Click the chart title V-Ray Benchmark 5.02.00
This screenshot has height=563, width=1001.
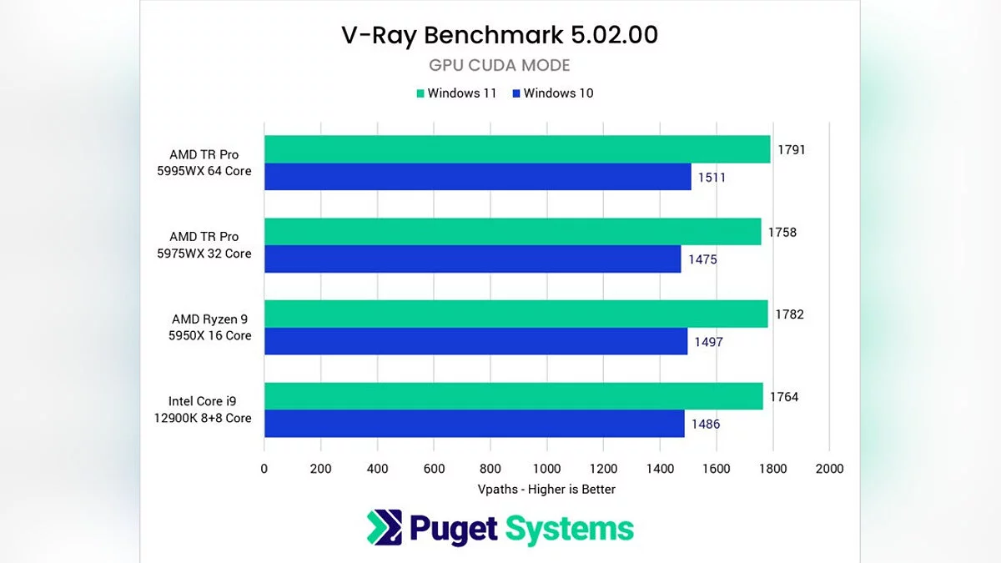pos(500,35)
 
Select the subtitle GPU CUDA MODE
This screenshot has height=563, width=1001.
pos(500,65)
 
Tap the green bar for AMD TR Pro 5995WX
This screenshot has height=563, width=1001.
pos(517,149)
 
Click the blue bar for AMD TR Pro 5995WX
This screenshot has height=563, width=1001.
pos(477,177)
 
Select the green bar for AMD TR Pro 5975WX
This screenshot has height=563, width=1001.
pos(512,232)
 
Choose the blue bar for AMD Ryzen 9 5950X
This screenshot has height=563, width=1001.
pos(475,341)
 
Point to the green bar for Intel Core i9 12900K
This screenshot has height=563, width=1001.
pos(513,396)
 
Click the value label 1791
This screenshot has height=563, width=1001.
pos(792,150)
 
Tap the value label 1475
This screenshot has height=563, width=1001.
pos(702,259)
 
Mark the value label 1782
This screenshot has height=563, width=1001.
pos(789,314)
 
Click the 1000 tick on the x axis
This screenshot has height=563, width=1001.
pos(546,469)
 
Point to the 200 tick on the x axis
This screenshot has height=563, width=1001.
pos(320,469)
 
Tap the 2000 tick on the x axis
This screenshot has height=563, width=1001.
pos(829,469)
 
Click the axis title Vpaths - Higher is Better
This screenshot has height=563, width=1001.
pos(546,489)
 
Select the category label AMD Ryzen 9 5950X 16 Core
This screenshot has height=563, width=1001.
pos(211,327)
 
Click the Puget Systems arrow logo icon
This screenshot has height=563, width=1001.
pos(384,528)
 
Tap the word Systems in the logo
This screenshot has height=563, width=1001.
pos(571,529)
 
